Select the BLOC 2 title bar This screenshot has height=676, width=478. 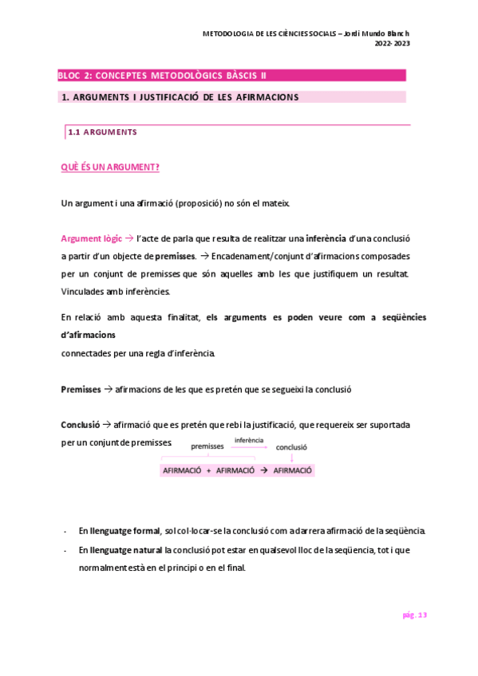tap(231, 76)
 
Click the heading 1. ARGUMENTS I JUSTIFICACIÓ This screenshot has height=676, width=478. tap(180, 97)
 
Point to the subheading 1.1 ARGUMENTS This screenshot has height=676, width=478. tap(102, 132)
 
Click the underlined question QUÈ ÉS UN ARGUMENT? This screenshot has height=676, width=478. tap(110, 167)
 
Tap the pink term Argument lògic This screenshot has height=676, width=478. tap(91, 238)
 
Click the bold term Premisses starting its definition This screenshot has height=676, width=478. tap(81, 389)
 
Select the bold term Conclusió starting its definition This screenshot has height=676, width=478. tap(80, 424)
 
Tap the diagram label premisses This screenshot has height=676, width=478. tap(207, 446)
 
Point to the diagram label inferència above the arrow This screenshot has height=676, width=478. tap(249, 440)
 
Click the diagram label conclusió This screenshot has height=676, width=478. tap(292, 447)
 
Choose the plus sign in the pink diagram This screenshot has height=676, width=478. tap(208, 471)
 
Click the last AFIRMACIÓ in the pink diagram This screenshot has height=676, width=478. tap(293, 471)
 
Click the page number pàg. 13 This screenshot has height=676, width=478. tap(413, 615)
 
